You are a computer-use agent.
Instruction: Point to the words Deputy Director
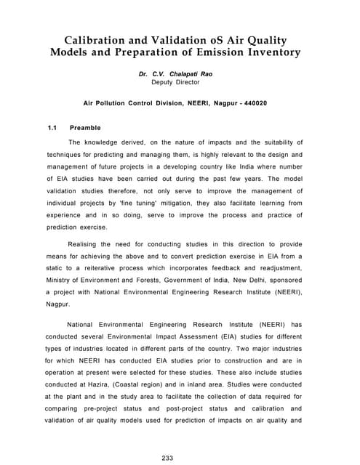tap(180, 83)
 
